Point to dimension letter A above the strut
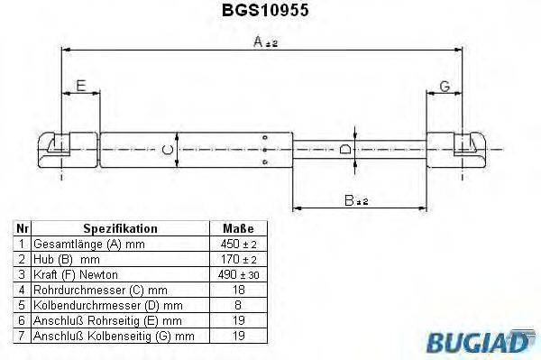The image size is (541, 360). click(259, 41)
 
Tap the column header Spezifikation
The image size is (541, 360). click(120, 229)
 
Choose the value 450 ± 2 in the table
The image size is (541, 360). click(238, 245)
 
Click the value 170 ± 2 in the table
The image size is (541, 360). click(238, 260)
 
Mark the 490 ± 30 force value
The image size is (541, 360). click(238, 275)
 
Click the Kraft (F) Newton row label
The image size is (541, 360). click(77, 275)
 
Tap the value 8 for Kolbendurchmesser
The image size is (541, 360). click(238, 306)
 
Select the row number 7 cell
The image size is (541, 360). click(22, 337)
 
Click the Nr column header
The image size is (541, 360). click(22, 229)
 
